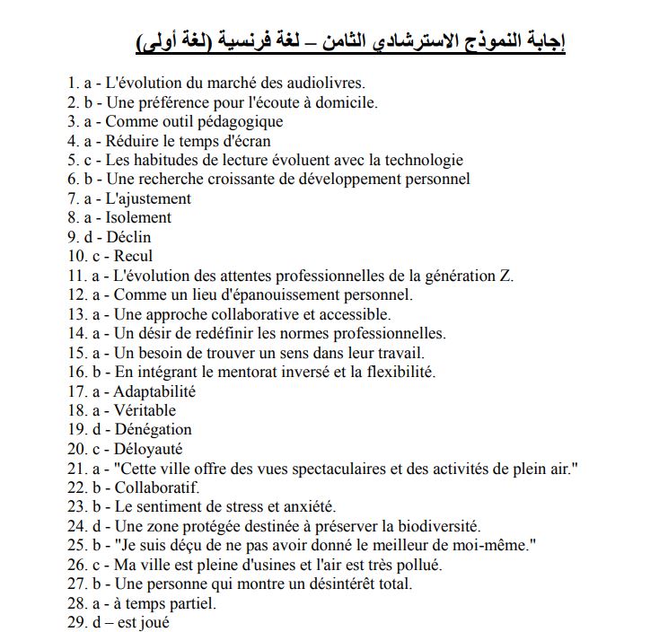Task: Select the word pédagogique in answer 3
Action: (x=236, y=121)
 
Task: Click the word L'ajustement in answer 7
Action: (x=149, y=198)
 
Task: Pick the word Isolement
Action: (x=138, y=217)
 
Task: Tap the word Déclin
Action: (x=129, y=237)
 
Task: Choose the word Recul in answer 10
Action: (x=134, y=256)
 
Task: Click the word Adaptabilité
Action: (x=154, y=391)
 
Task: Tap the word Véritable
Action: (x=145, y=410)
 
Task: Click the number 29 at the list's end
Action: (x=75, y=622)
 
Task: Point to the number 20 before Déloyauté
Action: (x=75, y=449)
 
